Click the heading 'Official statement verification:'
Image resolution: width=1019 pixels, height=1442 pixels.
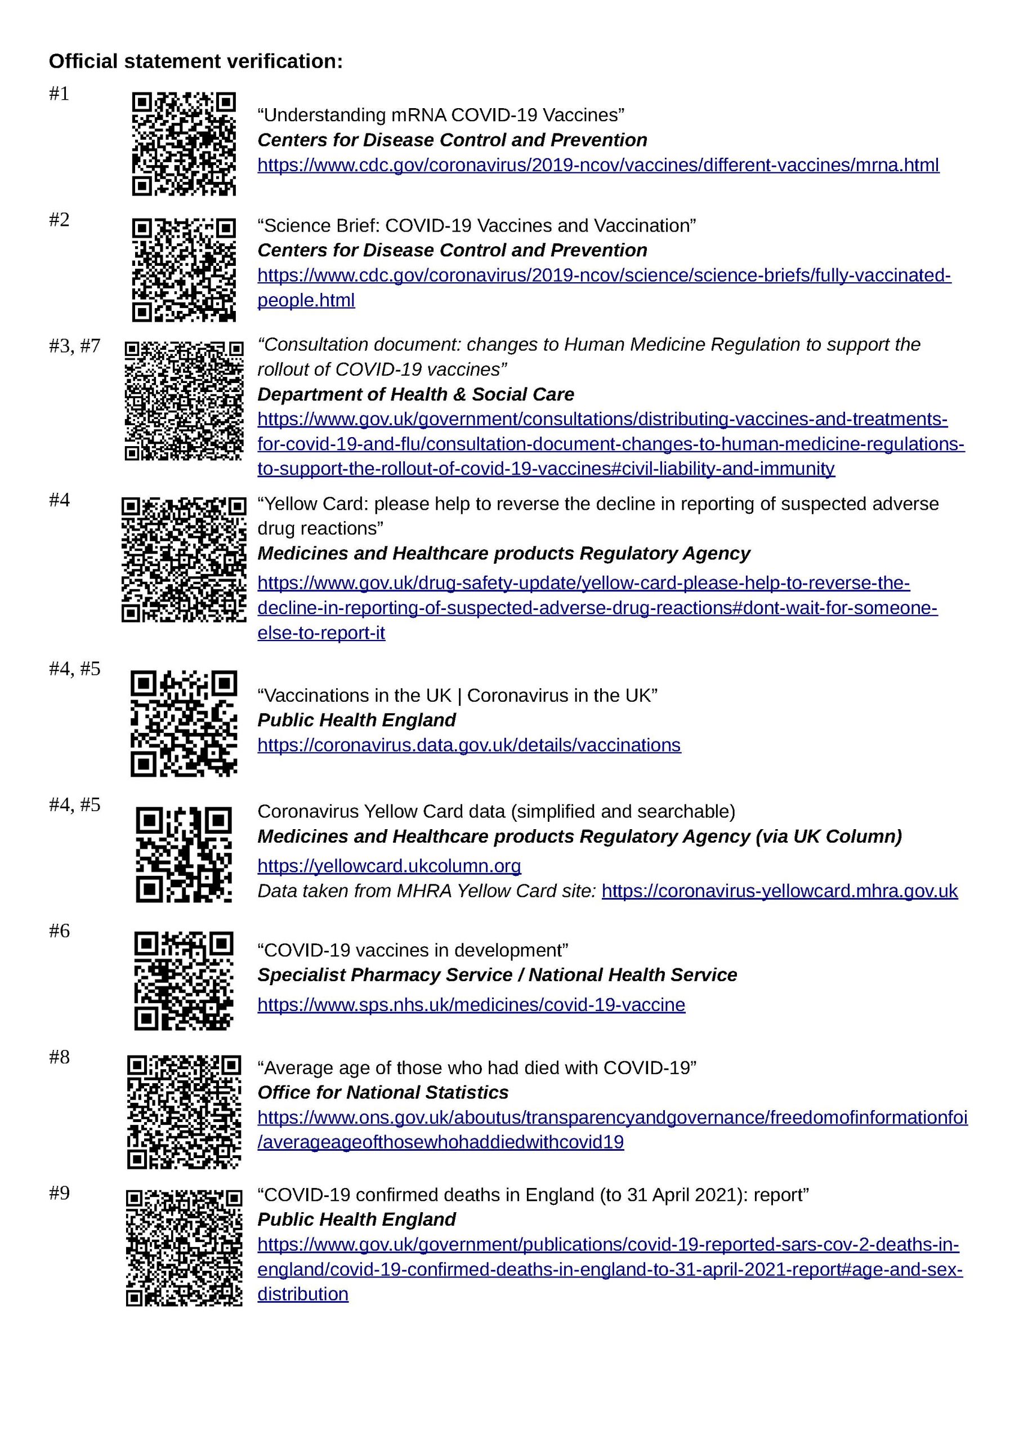coord(196,61)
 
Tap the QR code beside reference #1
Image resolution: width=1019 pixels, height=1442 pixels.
coord(184,144)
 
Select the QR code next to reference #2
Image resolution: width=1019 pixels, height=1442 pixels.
coord(184,269)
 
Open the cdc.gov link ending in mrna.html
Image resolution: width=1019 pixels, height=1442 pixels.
coord(598,165)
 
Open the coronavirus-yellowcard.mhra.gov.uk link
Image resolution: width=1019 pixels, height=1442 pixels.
coord(779,891)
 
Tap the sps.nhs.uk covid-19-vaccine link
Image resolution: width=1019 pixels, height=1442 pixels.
coord(471,1004)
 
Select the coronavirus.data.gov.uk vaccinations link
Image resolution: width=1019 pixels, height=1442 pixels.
coord(469,745)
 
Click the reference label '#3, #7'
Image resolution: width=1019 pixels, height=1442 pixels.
coord(75,346)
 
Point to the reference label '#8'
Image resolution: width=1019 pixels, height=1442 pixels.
coord(59,1057)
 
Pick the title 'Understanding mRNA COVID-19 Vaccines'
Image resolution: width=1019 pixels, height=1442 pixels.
coord(441,115)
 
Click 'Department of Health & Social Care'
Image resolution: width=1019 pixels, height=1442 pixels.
coord(415,394)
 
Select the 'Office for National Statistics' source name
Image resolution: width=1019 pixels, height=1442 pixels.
coord(382,1092)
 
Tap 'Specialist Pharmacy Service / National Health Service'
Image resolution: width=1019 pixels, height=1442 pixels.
coord(497,974)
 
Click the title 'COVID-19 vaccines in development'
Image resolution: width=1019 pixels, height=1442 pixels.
coord(413,950)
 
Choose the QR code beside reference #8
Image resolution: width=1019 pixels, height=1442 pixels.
coord(184,1112)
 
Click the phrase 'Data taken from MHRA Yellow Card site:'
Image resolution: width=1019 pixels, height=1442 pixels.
coord(426,891)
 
